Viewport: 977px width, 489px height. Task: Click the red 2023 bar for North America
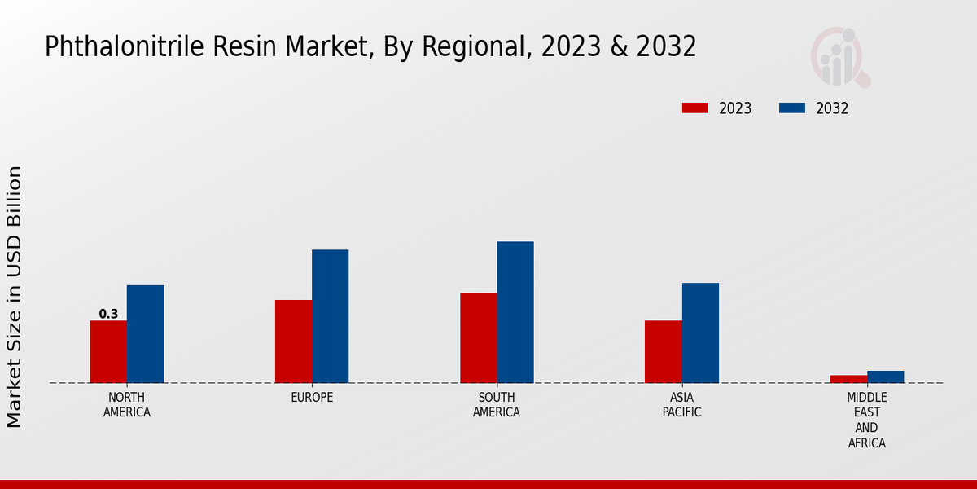(x=108, y=351)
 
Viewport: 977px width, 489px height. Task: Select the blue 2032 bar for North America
(x=145, y=334)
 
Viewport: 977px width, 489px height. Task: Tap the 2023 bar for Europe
(x=293, y=341)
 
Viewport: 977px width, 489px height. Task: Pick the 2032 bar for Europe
(x=330, y=316)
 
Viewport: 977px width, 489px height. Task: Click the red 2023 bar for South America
(x=478, y=337)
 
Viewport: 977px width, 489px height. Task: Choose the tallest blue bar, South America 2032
(x=515, y=312)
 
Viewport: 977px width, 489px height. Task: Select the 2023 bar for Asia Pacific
(x=663, y=351)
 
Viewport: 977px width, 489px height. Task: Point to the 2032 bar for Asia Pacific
(x=700, y=333)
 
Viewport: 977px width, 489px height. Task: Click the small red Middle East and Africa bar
(x=848, y=379)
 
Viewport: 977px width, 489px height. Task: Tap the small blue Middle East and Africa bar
(x=885, y=377)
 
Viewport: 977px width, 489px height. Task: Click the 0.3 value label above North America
(x=108, y=314)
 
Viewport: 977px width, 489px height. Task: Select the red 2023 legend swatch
(x=695, y=108)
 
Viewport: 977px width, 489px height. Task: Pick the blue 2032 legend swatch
(x=792, y=108)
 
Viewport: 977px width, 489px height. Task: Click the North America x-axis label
(x=127, y=405)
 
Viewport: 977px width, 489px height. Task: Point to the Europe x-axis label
(x=312, y=398)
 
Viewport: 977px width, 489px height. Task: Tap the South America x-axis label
(x=497, y=405)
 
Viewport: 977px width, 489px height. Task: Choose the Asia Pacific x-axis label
(x=682, y=405)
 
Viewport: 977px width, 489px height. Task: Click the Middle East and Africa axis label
(x=867, y=421)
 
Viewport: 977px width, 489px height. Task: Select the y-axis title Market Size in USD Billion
(x=15, y=297)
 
